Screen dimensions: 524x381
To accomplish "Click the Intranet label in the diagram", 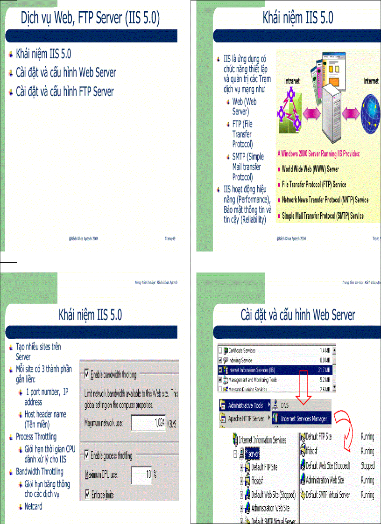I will tap(292, 81).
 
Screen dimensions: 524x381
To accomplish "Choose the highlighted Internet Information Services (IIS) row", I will tap(275, 370).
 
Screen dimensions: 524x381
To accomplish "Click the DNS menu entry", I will tap(285, 405).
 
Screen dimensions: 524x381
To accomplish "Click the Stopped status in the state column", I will tap(367, 466).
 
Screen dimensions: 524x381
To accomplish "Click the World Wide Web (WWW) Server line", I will tap(310, 169).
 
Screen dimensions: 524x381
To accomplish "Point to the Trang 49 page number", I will tap(169, 238).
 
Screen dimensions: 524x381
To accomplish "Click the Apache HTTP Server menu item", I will tap(246, 419).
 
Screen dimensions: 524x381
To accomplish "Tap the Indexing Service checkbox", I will tap(220, 360).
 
